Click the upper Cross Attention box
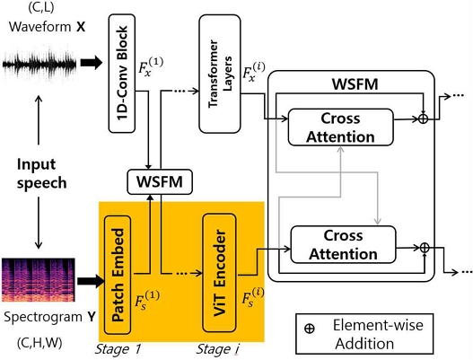pyautogui.click(x=342, y=127)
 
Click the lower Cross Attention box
pyautogui.click(x=344, y=243)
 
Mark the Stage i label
pyautogui.click(x=216, y=347)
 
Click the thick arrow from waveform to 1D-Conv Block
pyautogui.click(x=92, y=64)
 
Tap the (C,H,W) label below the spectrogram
pyautogui.click(x=39, y=343)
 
